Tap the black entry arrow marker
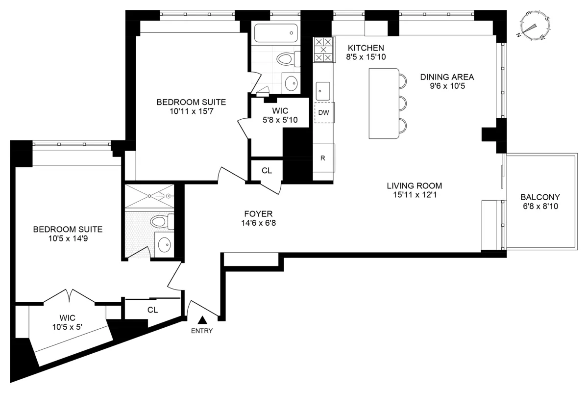click(201, 320)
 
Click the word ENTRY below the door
click(202, 331)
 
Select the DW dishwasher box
click(323, 112)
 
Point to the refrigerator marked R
click(323, 158)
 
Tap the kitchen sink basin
click(323, 90)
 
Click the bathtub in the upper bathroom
click(276, 33)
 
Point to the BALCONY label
click(540, 197)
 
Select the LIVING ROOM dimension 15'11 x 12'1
click(414, 195)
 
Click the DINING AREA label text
click(447, 77)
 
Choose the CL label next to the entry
click(152, 310)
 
